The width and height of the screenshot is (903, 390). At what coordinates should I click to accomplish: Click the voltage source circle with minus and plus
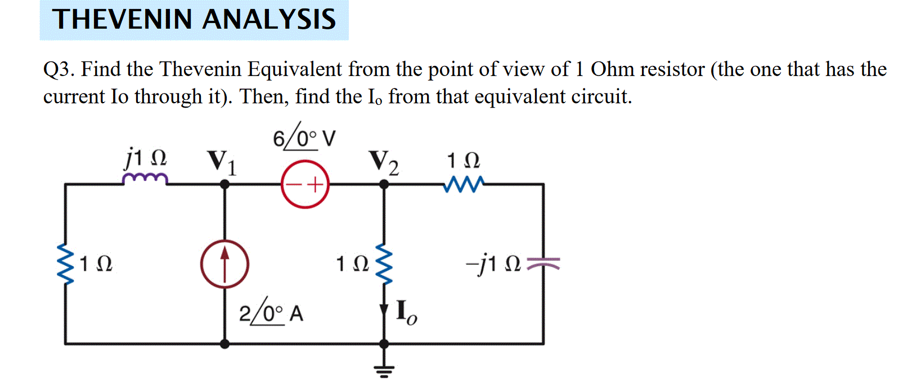coord(305,184)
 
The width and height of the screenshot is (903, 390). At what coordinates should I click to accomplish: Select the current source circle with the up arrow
coord(224,264)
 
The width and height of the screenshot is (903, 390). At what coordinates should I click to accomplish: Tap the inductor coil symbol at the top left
coord(145,179)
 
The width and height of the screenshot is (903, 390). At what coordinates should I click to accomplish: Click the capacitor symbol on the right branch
coord(543,263)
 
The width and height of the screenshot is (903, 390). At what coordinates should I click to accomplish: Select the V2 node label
coord(384,163)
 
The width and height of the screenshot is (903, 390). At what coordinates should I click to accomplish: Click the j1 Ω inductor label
coord(146,157)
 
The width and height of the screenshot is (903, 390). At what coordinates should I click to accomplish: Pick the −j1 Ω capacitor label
coord(493,264)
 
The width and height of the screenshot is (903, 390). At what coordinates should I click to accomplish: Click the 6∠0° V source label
coord(304,138)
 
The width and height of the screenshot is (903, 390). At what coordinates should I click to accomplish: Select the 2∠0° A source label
coord(271,313)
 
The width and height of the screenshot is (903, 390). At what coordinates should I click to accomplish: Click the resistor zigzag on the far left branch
coord(66,264)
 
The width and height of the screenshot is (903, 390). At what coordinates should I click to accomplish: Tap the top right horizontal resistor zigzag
coord(463,184)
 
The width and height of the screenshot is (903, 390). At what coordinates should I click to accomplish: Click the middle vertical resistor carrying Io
coord(384,264)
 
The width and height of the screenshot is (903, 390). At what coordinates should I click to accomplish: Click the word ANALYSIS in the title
coord(268,20)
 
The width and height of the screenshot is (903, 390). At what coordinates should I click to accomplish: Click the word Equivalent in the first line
coord(295,70)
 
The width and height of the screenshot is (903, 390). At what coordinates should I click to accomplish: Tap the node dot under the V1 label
coord(224,184)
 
